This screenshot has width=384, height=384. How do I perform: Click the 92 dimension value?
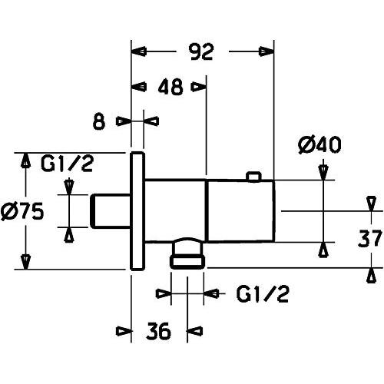tap(202, 52)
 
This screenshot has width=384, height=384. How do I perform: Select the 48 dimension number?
tap(170, 87)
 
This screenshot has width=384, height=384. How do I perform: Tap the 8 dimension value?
tap(99, 121)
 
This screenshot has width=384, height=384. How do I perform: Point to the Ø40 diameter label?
tap(319, 145)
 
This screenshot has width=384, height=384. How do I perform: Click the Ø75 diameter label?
tap(22, 212)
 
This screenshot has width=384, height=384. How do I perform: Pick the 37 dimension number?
tap(369, 238)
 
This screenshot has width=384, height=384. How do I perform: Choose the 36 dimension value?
tap(158, 330)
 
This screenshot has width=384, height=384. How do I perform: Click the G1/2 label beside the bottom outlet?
tap(263, 294)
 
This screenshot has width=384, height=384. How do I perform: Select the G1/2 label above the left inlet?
tap(67, 164)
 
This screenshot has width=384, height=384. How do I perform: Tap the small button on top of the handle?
tap(253, 177)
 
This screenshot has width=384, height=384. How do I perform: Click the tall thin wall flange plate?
tap(137, 211)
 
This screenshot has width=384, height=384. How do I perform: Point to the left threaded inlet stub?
tap(110, 211)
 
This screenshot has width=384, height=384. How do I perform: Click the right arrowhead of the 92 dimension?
tap(266, 51)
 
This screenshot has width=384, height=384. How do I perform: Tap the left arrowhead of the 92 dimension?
tap(139, 51)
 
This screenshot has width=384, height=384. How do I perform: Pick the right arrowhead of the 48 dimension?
tap(198, 87)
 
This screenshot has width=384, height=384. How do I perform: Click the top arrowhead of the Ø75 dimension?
tap(25, 161)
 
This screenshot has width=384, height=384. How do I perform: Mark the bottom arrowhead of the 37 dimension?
tap(371, 276)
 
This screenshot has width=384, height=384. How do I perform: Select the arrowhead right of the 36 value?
tap(195, 331)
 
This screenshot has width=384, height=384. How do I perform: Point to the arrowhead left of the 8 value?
tap(124, 121)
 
